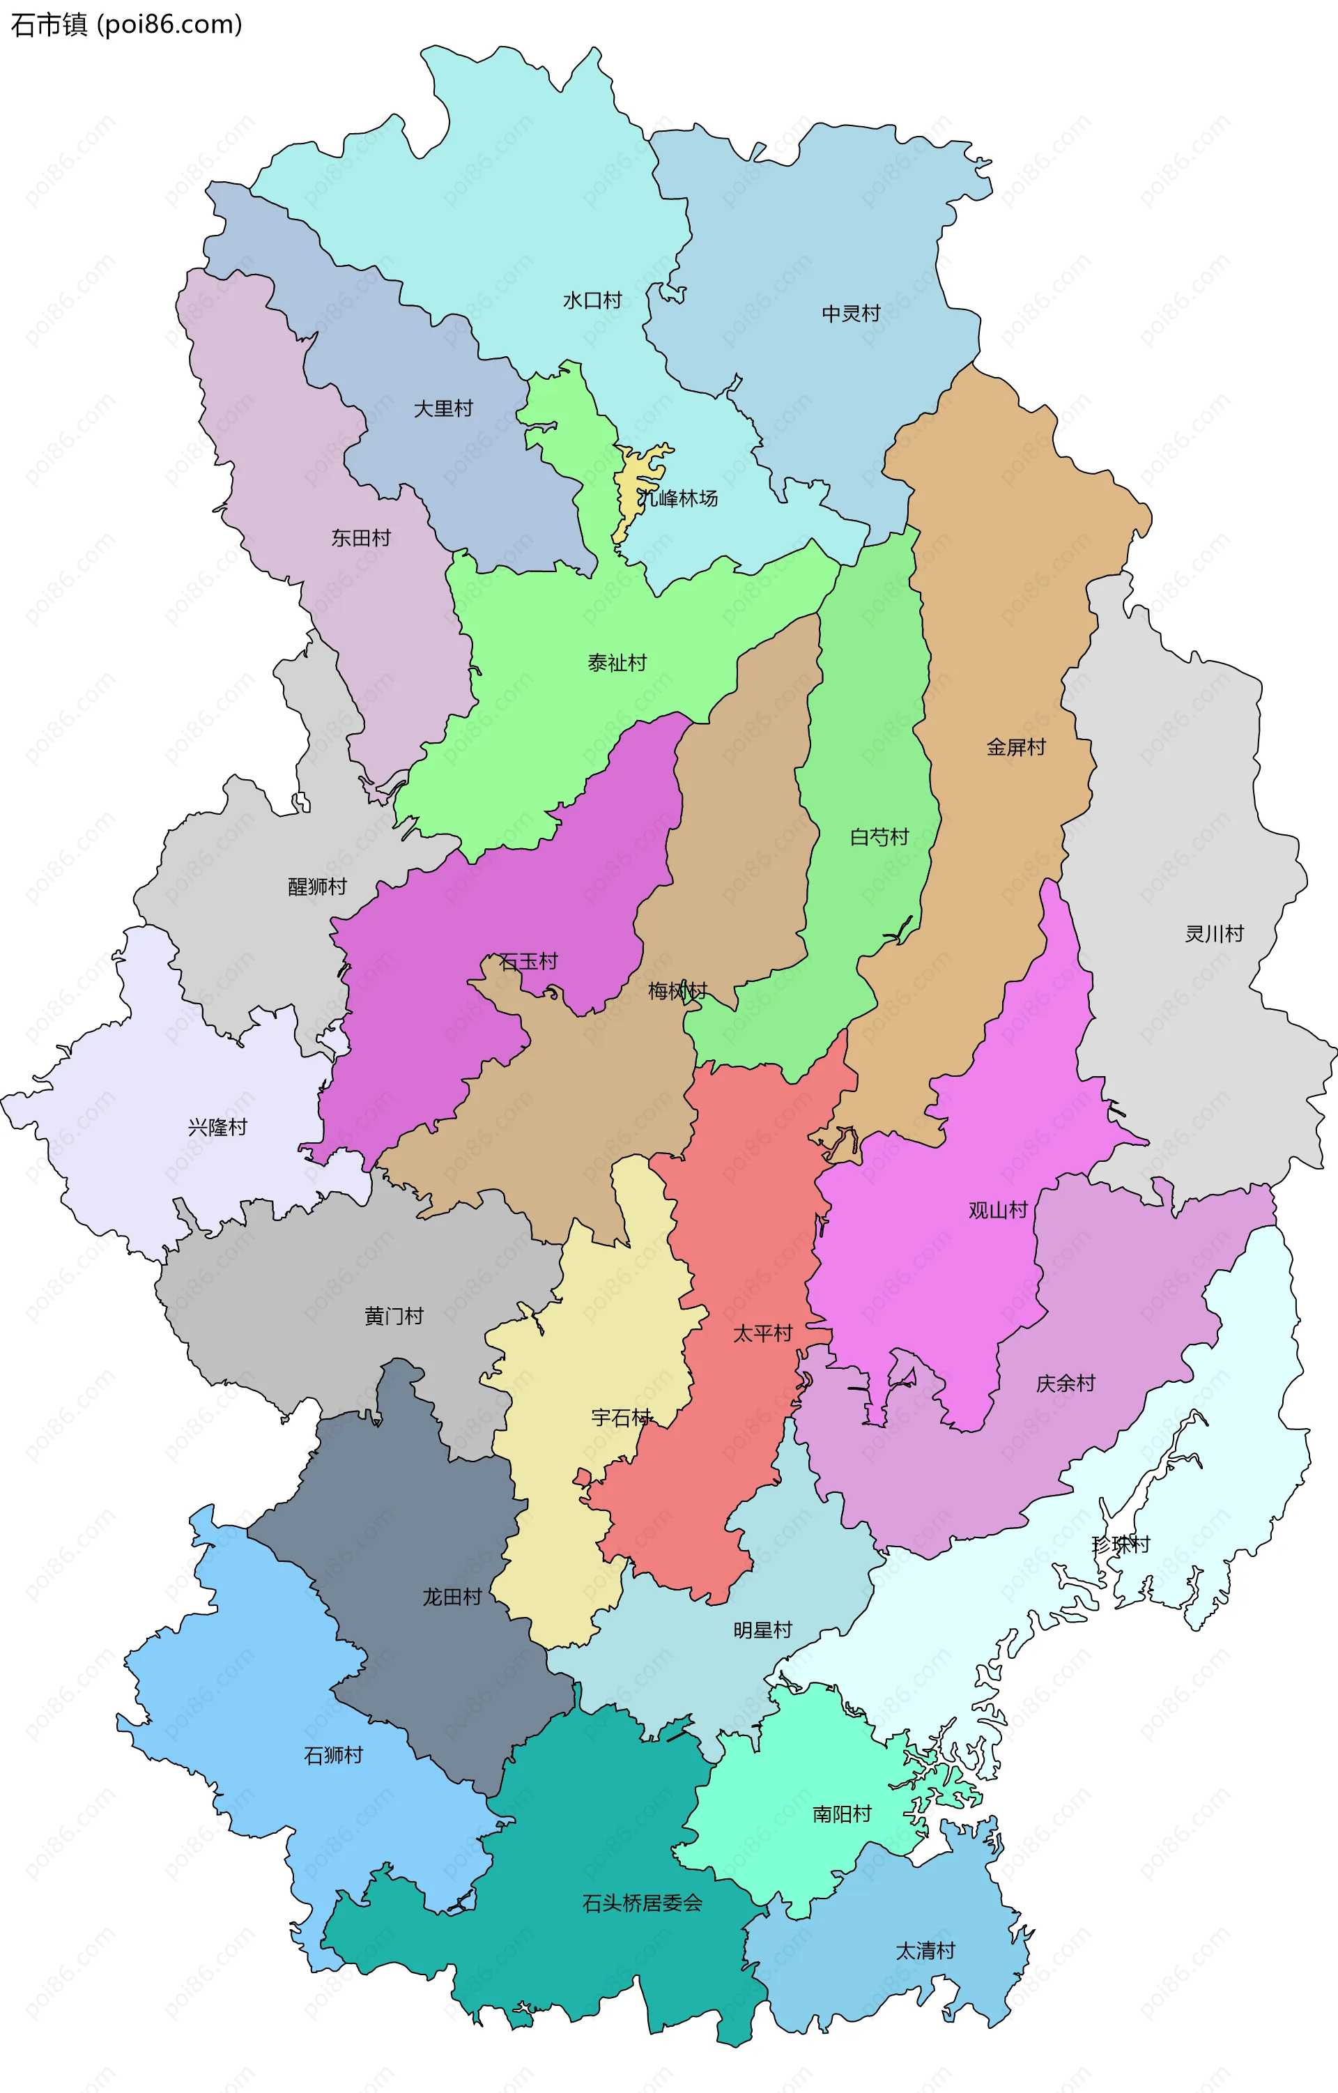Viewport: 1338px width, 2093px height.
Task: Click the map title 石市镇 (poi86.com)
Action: coord(126,24)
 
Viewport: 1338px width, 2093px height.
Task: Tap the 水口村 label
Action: coord(592,300)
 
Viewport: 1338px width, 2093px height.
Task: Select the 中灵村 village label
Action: coord(851,314)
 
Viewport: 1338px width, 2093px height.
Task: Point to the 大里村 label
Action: coord(443,408)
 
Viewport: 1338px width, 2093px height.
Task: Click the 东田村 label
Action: coord(360,538)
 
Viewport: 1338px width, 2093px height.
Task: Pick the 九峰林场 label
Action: coord(677,499)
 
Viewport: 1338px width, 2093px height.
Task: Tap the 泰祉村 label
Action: coord(617,664)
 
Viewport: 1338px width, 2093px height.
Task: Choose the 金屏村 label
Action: coord(1015,747)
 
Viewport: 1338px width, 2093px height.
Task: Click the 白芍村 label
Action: coord(879,837)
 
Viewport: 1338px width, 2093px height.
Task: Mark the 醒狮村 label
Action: coord(317,887)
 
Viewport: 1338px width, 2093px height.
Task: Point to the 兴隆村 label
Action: coord(217,1127)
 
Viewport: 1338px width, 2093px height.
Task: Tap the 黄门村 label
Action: coord(394,1316)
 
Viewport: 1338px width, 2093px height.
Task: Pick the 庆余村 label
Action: coord(1066,1383)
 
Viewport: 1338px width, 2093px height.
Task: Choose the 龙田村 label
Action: coord(452,1597)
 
